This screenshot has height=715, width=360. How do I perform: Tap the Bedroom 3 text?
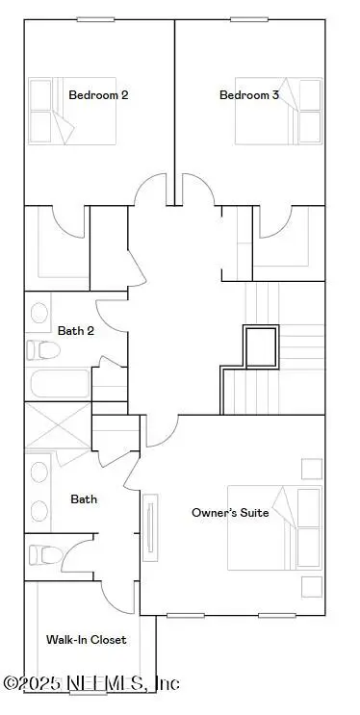point(245,94)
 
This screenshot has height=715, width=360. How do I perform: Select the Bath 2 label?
point(76,330)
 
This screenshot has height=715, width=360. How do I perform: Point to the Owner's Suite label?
point(229,512)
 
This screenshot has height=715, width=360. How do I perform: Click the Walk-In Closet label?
point(86,639)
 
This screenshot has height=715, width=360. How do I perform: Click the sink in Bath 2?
point(39,313)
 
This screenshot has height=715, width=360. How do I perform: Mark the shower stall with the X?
point(57,424)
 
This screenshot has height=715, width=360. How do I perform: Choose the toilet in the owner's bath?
point(44,554)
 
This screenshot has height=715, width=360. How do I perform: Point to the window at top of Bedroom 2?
point(96,18)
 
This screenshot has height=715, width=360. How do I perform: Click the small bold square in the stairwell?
point(260,347)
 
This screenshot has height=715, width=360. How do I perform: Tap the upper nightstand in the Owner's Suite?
point(311,469)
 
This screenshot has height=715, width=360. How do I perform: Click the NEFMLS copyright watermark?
point(91,684)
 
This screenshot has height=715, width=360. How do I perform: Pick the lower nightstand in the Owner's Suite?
point(311,586)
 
